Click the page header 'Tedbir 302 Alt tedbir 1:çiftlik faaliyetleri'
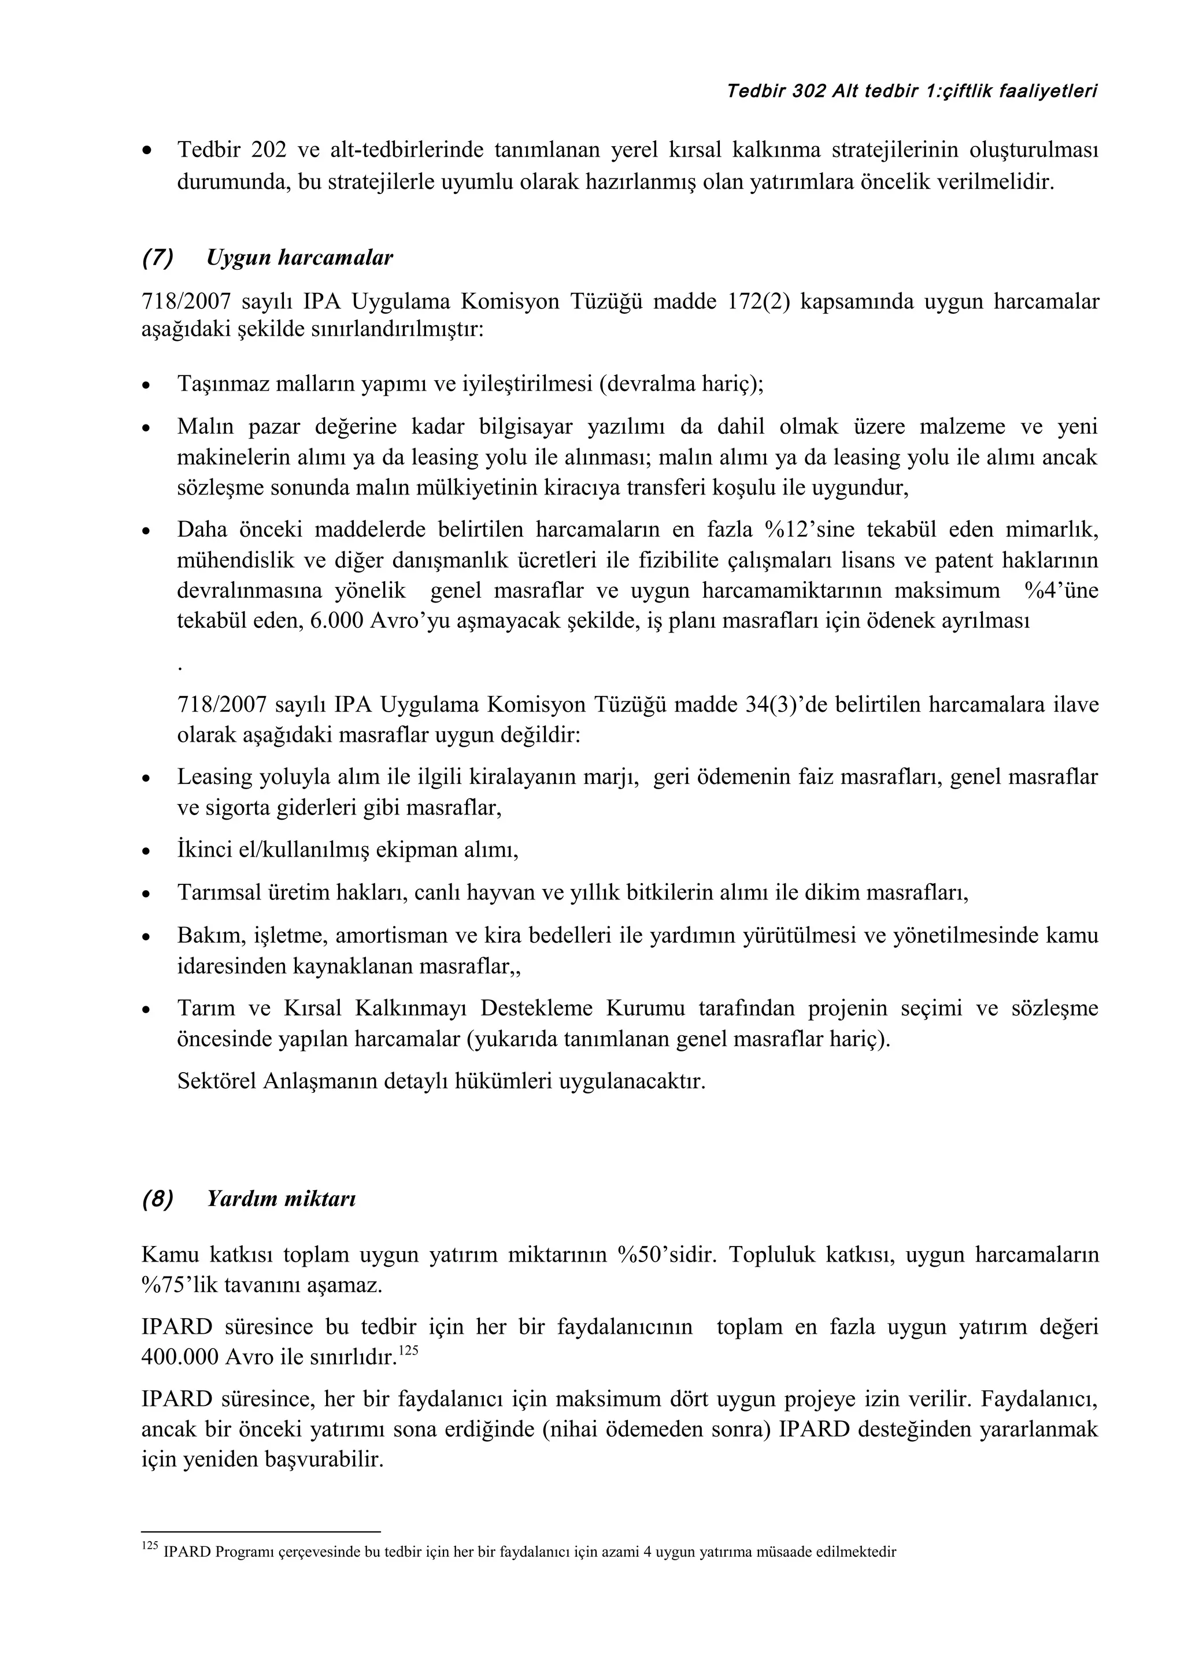(x=912, y=91)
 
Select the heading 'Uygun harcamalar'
(x=300, y=258)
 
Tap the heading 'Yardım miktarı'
(x=282, y=1199)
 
